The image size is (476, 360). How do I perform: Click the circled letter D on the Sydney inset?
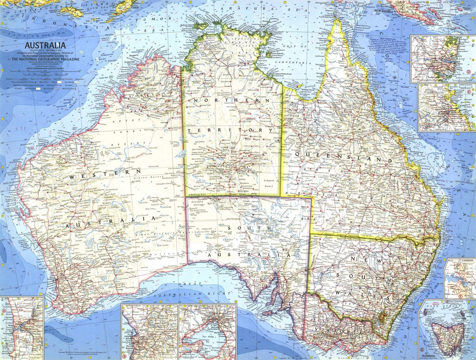(x=469, y=72)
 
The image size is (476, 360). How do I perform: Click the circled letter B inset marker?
(x=124, y=344)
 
